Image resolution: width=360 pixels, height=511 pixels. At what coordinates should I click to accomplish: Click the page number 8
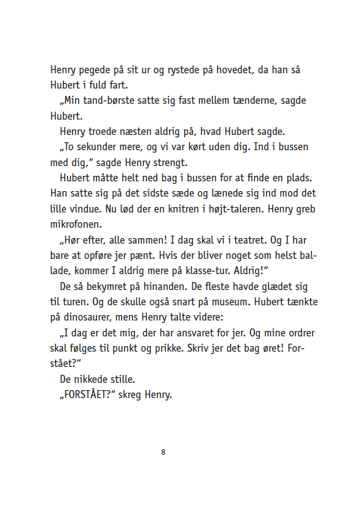point(164,452)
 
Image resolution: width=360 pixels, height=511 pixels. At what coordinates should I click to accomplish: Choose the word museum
point(247,302)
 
